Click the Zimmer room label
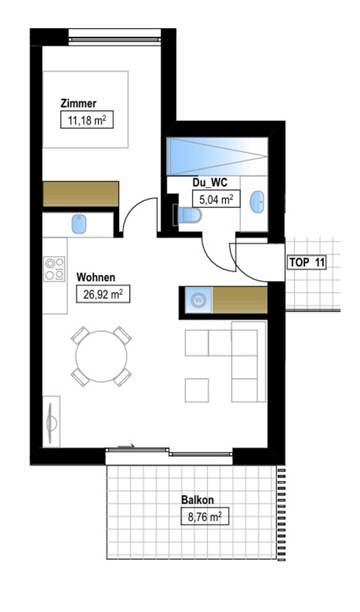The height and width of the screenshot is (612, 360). (78, 104)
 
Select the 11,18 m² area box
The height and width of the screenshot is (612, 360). (87, 120)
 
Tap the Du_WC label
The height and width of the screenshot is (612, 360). (209, 183)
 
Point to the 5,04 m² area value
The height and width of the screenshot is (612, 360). (216, 199)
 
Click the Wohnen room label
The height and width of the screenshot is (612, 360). (96, 278)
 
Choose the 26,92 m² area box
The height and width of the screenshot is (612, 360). (103, 294)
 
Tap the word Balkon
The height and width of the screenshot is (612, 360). (197, 500)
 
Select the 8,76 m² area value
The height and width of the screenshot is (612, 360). (205, 516)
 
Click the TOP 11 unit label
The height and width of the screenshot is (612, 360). (307, 262)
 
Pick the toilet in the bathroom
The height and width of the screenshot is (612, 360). (189, 215)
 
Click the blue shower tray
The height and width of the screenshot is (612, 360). (217, 156)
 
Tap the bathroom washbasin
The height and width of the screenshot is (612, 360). (257, 202)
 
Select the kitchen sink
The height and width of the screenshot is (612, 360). (78, 224)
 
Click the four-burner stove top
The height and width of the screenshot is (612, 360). (54, 268)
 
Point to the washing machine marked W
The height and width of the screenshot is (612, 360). (198, 300)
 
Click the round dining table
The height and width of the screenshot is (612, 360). (101, 356)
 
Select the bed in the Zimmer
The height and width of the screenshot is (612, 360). (86, 109)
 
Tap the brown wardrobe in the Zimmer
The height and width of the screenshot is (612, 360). (80, 194)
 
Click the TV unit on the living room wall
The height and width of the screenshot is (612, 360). (51, 421)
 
